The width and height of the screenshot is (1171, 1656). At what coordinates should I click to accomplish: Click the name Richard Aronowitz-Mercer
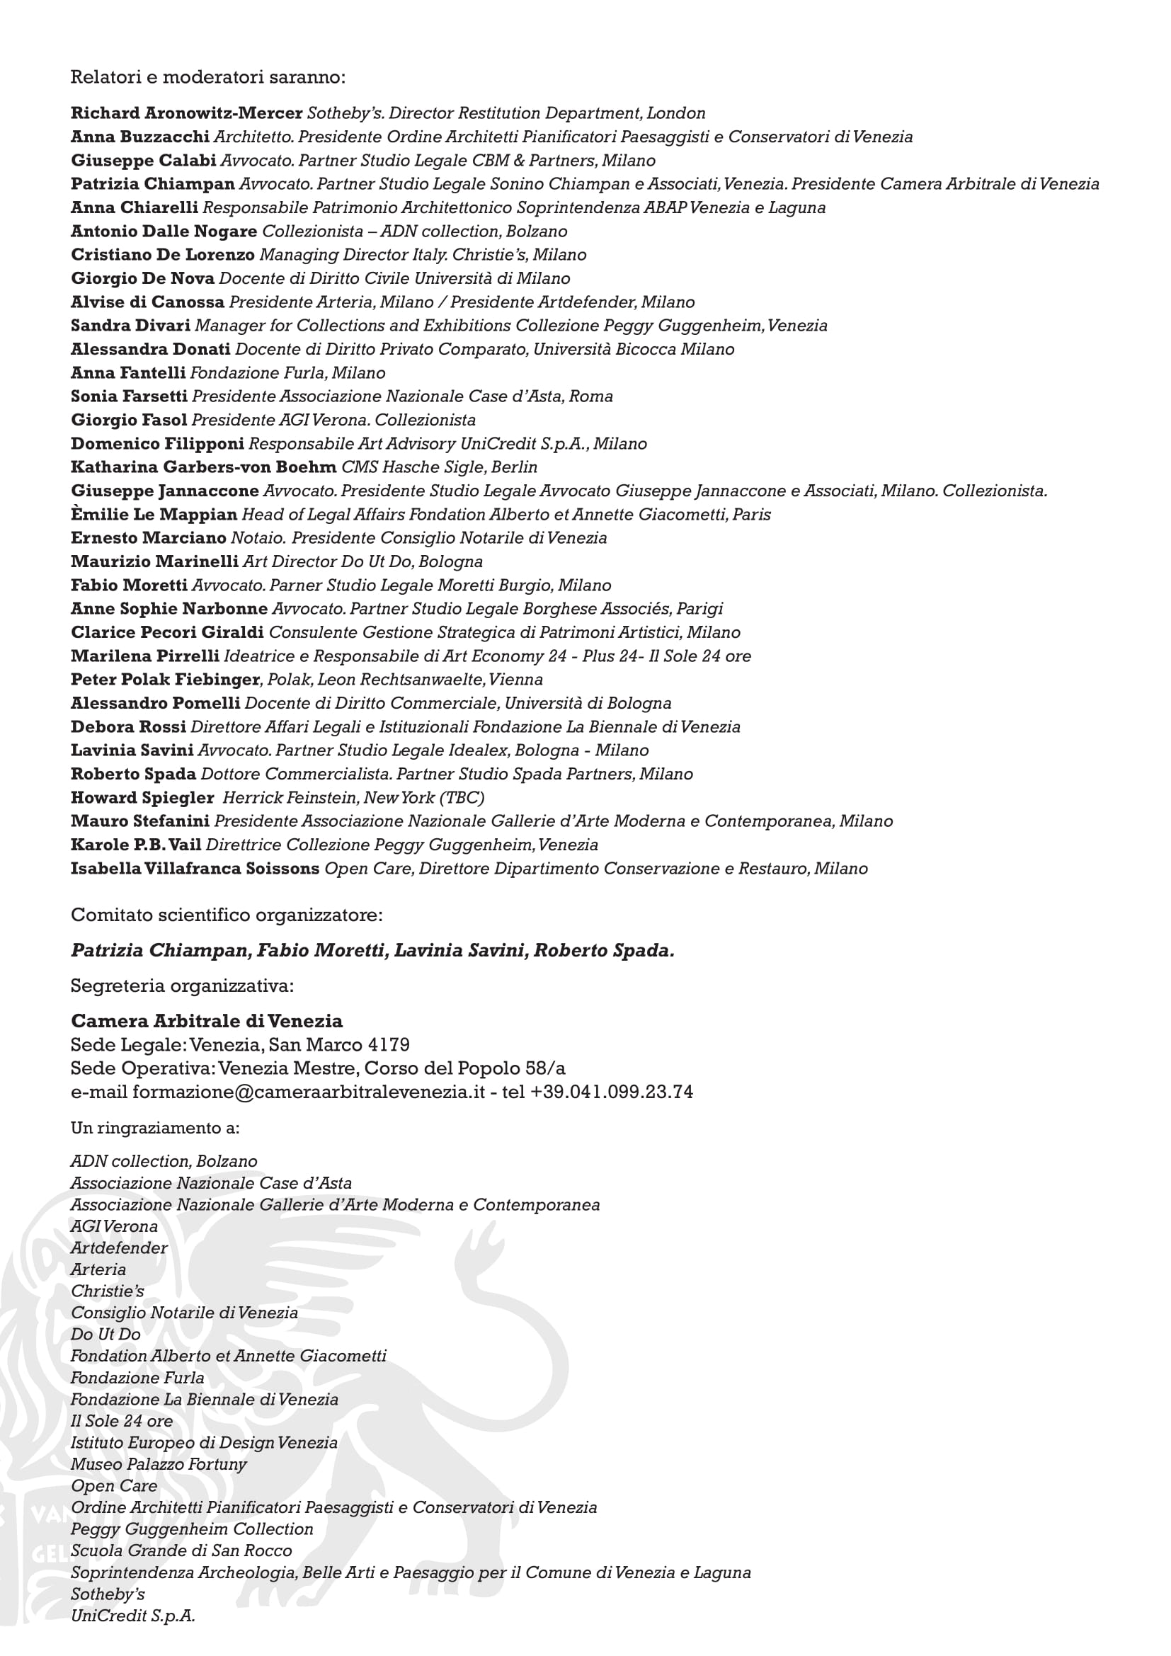[x=186, y=113]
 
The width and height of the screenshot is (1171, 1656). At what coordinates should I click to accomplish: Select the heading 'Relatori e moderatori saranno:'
[x=207, y=76]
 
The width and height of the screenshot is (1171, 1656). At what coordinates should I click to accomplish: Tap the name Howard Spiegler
[x=142, y=798]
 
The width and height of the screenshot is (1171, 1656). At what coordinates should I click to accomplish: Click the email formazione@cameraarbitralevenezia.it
[x=308, y=1092]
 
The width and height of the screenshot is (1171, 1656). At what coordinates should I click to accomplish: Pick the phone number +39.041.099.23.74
[x=612, y=1092]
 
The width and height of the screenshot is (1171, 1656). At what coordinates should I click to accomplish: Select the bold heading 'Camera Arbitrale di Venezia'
[x=206, y=1022]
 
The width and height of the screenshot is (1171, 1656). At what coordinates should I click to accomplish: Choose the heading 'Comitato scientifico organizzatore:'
[x=227, y=915]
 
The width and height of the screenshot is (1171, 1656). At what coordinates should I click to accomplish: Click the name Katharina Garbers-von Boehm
[x=203, y=467]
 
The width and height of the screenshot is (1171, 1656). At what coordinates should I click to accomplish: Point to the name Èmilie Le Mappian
[x=154, y=515]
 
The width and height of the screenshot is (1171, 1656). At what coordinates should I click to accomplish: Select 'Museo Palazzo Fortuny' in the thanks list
[x=159, y=1464]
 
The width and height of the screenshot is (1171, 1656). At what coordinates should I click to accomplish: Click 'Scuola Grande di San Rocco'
[x=181, y=1551]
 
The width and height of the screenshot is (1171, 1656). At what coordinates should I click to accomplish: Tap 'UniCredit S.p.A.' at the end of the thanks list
[x=132, y=1616]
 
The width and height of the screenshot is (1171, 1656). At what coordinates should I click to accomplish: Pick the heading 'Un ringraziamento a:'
[x=155, y=1128]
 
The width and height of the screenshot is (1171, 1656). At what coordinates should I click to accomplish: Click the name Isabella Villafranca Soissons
[x=195, y=869]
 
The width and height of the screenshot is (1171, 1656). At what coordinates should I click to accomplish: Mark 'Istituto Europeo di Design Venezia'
[x=204, y=1442]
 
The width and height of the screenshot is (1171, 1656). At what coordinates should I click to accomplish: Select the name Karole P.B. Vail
[x=135, y=845]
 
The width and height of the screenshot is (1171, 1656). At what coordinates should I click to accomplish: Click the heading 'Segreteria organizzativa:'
[x=182, y=986]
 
